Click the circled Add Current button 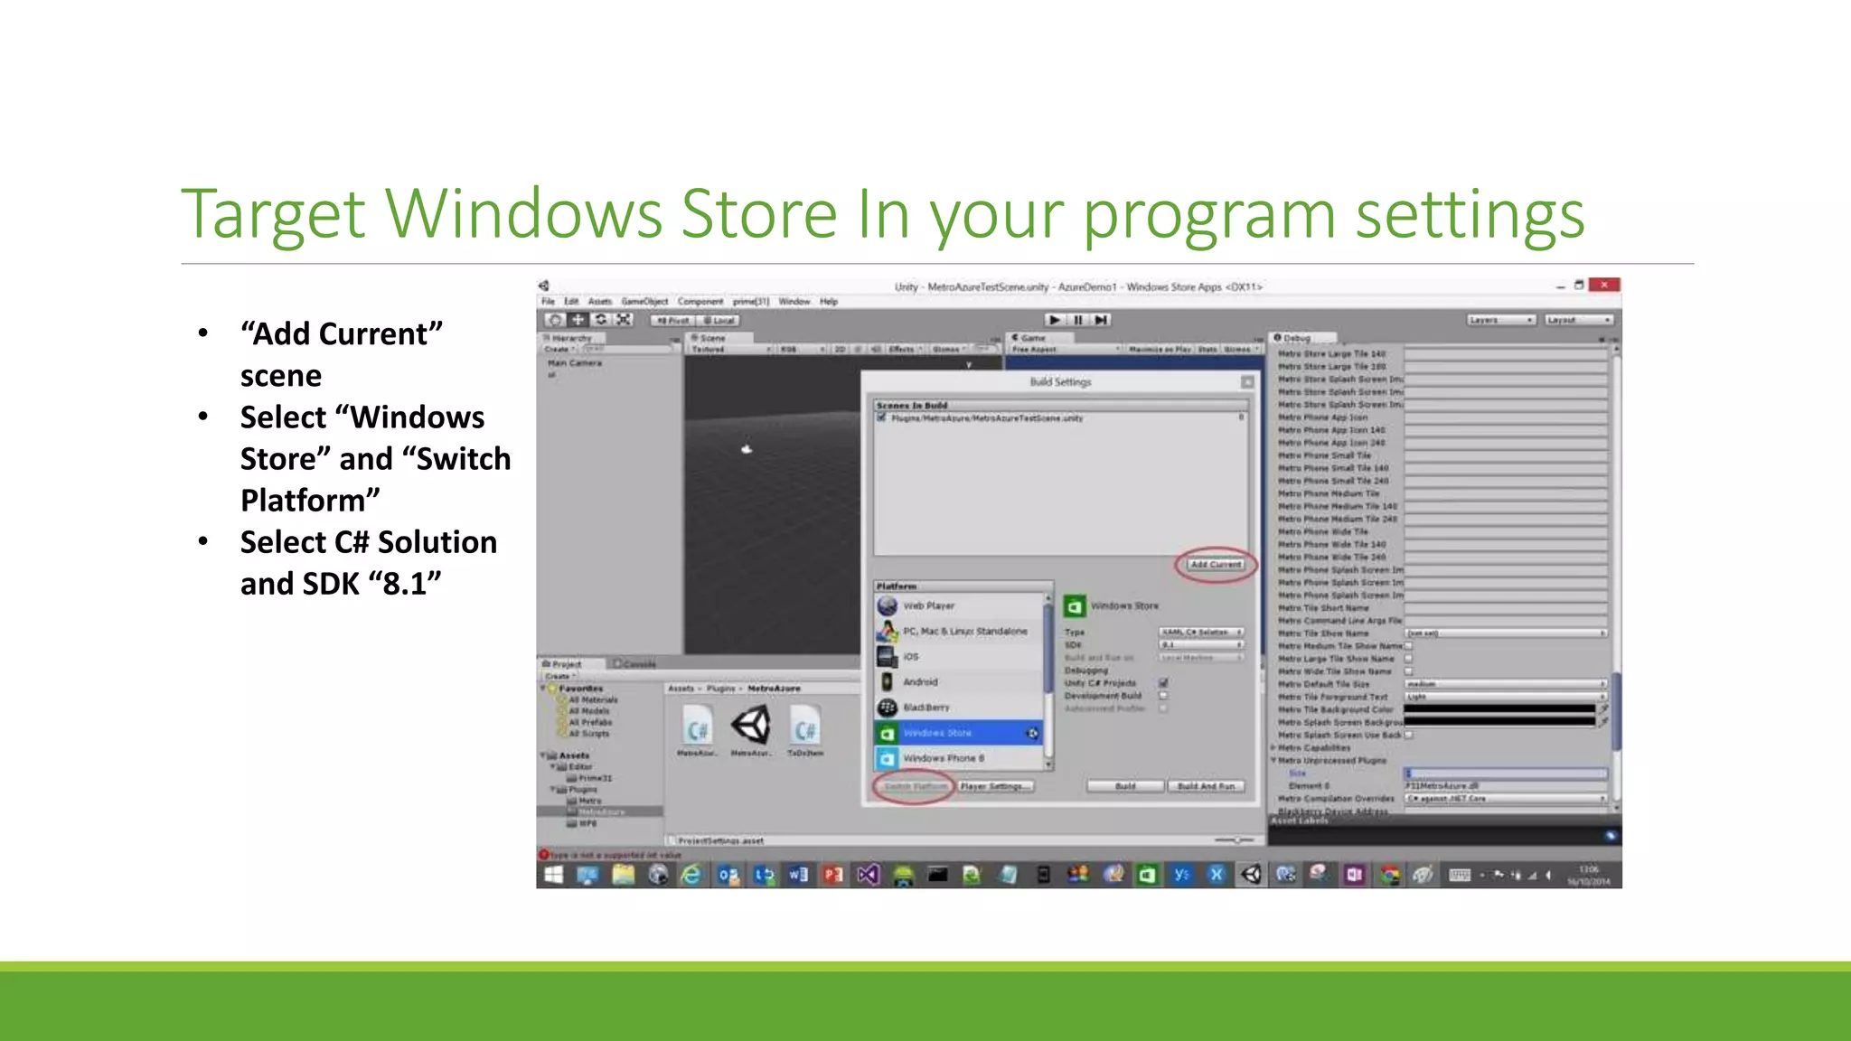[x=1216, y=565]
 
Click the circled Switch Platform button [x=915, y=786]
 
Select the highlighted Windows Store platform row [x=958, y=733]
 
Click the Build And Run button [x=1206, y=786]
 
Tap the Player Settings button [x=995, y=786]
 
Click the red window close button [x=1604, y=285]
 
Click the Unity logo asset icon [x=750, y=726]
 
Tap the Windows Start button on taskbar [x=553, y=874]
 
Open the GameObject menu [x=644, y=302]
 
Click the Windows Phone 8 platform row [x=944, y=758]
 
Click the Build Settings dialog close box [x=1247, y=382]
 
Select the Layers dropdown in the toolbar [x=1500, y=320]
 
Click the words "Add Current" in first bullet [x=342, y=334]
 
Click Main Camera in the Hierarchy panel [x=575, y=363]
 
